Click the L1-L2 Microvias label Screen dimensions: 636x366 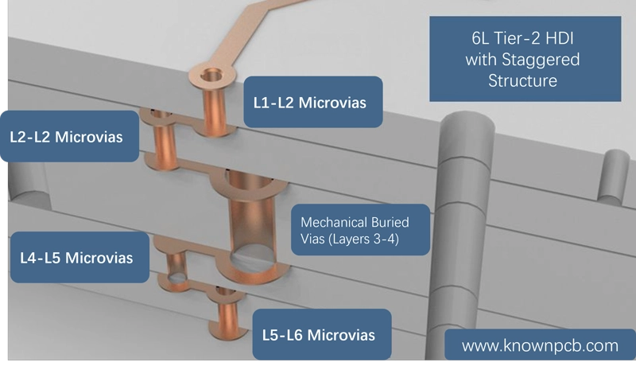[312, 103]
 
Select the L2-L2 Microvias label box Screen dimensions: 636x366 [69, 136]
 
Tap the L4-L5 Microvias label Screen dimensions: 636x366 [79, 257]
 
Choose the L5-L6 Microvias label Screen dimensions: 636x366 [322, 334]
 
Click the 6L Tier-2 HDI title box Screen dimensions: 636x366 [525, 59]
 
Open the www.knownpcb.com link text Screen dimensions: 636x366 [540, 346]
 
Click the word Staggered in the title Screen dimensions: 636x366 [541, 60]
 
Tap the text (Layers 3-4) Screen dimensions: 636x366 [350, 239]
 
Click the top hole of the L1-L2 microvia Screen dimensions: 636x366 [211, 75]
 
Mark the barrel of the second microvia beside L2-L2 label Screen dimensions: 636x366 [165, 141]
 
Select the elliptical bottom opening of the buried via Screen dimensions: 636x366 [252, 259]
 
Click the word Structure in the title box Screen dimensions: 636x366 [522, 80]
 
